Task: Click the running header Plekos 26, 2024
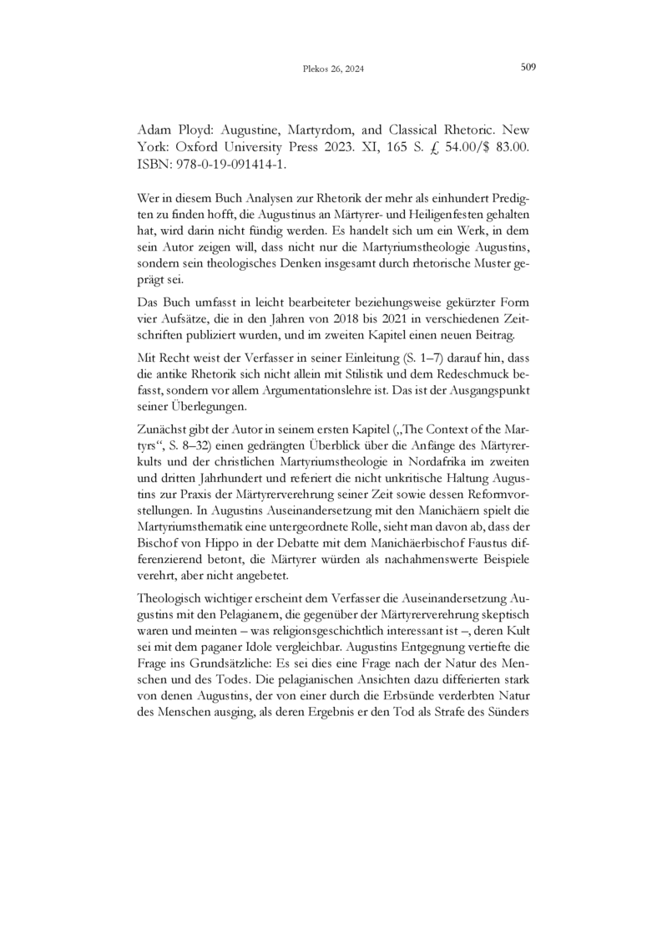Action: click(x=333, y=69)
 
